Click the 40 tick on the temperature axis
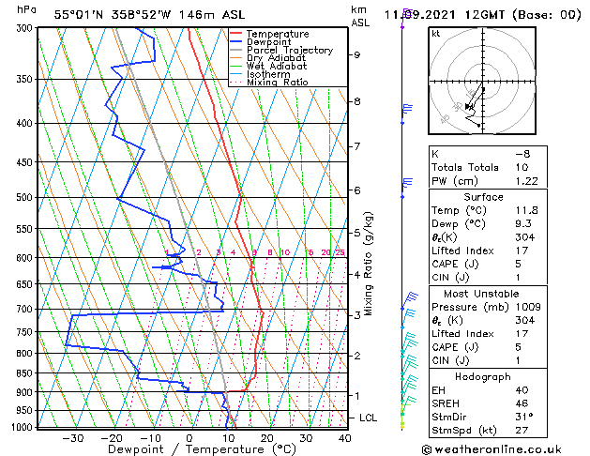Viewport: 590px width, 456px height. pos(345,438)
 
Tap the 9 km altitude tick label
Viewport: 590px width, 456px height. pos(357,54)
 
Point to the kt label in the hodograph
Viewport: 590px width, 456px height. pos(436,33)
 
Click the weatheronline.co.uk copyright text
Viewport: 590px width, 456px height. pos(504,448)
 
